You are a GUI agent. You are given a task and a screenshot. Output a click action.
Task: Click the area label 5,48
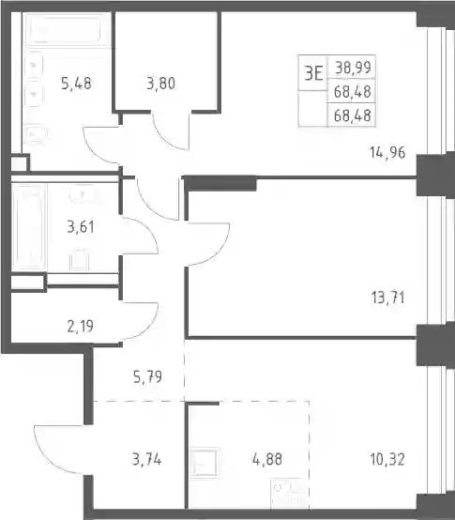76,84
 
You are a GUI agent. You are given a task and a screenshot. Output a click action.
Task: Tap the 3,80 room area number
160,84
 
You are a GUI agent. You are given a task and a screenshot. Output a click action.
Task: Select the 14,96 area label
387,153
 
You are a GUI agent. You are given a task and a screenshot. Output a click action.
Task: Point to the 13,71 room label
387,298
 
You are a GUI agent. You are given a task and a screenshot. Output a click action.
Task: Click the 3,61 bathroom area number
81,227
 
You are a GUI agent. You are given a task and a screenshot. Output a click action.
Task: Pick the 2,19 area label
80,327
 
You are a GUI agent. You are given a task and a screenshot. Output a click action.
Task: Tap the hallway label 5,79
147,377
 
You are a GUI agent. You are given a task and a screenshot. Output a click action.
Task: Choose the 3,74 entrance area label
146,460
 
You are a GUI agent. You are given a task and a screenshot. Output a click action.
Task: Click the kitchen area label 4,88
267,460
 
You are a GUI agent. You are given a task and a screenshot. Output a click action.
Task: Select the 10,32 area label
387,460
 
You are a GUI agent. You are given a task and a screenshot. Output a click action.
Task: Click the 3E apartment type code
313,73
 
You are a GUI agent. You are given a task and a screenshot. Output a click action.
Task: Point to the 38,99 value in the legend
353,68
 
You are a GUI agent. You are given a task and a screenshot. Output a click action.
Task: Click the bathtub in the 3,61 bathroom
28,227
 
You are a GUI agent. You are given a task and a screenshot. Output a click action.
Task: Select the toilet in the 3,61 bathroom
79,259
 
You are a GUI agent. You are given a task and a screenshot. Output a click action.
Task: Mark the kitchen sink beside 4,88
205,463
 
